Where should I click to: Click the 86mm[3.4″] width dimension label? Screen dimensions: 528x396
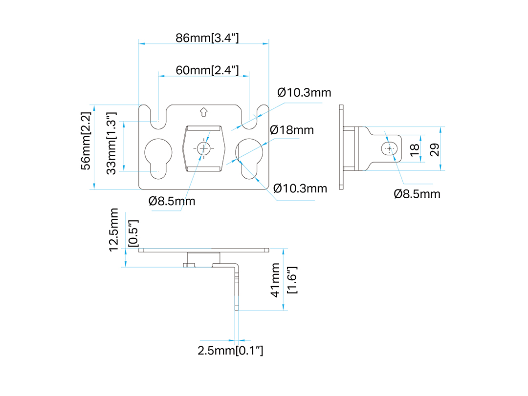pos(207,38)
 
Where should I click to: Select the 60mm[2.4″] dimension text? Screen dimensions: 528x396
pos(207,70)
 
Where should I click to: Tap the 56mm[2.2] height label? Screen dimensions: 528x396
pos(86,141)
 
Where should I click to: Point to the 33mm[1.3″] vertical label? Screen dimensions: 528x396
pos(111,143)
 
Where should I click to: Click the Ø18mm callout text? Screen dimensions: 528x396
pos(291,130)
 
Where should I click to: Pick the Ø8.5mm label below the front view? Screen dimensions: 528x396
pos(172,201)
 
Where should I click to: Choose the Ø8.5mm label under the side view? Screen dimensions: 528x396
pos(417,194)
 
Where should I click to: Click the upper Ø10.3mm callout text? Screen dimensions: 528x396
pos(304,92)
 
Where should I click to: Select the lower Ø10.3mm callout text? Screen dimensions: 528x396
pos(300,188)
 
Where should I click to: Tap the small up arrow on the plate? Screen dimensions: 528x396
pos(203,112)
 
